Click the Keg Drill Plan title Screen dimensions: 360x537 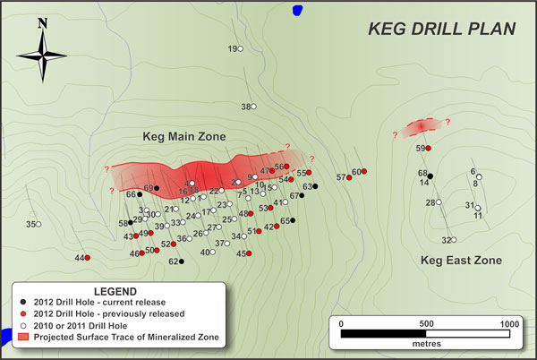[442, 29]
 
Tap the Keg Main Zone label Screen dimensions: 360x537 [183, 137]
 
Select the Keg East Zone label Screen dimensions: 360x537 [461, 261]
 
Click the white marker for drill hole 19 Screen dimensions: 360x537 [242, 49]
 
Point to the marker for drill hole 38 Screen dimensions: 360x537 [254, 107]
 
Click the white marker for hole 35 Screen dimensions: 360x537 [38, 225]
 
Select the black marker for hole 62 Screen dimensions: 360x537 [182, 262]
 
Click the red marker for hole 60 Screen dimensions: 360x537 [365, 172]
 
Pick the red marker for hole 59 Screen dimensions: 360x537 [429, 148]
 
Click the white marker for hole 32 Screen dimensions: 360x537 [455, 240]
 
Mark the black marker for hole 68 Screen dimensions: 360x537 [430, 176]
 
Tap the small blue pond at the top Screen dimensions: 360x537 [297, 10]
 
